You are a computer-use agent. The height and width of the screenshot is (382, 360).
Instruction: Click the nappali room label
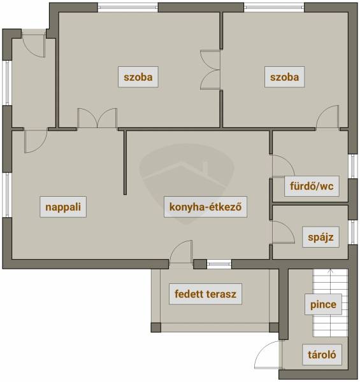tap(63, 207)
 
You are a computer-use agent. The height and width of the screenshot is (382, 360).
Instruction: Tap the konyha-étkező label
tap(205, 207)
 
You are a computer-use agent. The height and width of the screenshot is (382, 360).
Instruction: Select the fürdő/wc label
tap(312, 186)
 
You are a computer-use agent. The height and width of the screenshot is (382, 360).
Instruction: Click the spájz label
tap(320, 237)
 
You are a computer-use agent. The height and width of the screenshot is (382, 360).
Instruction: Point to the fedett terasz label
tap(205, 294)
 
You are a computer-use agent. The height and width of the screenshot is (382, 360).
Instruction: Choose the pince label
tap(323, 304)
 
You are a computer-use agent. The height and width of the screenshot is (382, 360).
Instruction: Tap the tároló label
tap(322, 355)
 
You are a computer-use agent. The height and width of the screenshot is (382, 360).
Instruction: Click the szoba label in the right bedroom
tap(284, 77)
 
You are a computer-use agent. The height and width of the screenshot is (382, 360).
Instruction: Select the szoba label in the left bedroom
tap(138, 77)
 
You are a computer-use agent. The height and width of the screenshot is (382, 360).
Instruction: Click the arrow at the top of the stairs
tap(330, 272)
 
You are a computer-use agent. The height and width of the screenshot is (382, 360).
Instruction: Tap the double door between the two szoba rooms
tap(210, 70)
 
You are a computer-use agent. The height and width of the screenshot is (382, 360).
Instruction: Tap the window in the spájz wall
tap(353, 232)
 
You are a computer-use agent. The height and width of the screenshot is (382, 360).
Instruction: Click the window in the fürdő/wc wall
tap(353, 166)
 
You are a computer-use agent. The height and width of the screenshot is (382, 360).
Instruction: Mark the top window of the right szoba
tap(274, 7)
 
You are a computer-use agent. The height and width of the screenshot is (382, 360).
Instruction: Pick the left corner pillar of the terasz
tap(156, 327)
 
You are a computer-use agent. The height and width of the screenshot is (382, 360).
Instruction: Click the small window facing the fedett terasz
tap(219, 264)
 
